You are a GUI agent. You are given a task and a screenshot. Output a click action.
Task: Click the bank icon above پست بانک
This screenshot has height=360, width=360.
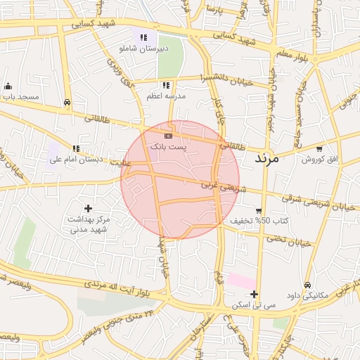coord(167,136)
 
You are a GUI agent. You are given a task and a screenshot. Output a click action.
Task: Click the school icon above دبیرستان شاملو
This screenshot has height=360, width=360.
coord(143,37)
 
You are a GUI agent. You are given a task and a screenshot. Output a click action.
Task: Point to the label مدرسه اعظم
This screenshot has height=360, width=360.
coord(166,96)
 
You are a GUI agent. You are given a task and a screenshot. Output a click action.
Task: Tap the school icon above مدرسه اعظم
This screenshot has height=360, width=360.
coord(166,85)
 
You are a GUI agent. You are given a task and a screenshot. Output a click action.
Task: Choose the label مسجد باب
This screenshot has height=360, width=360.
coord(20,96)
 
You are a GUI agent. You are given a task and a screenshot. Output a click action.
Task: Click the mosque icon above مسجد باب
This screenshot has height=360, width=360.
coord(8,86)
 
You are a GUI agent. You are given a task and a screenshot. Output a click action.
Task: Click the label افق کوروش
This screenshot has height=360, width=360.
coord(320,160)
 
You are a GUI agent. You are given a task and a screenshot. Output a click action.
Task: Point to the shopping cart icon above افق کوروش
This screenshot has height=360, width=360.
coord(319,149)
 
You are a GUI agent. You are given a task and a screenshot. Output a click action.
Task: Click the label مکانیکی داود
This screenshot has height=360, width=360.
coord(309,295)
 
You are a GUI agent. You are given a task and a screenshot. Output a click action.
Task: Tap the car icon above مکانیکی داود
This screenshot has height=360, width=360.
coord(307,285)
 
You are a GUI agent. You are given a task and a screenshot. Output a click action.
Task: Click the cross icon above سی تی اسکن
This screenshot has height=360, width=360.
coord(254,294)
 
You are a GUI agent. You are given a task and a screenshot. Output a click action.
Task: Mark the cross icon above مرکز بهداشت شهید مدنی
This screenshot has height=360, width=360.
coord(88,208)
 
